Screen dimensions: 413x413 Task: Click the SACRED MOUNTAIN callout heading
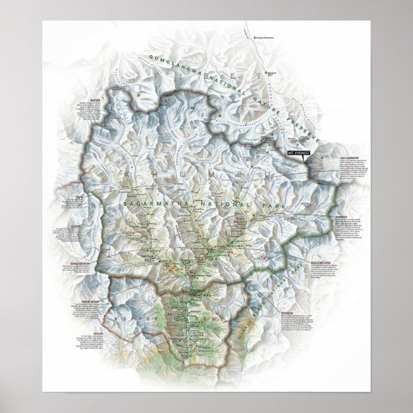tap(71, 261)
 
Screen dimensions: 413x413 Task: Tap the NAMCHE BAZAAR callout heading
tap(70, 299)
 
